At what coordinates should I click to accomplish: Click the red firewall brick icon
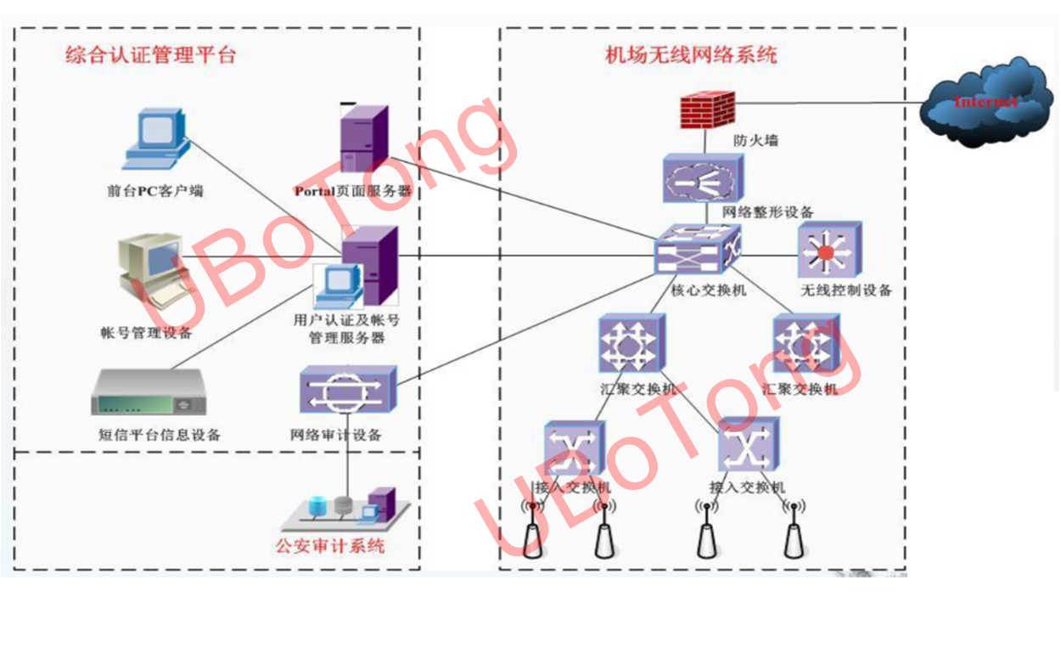tap(706, 110)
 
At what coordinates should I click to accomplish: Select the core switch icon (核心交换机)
tap(697, 250)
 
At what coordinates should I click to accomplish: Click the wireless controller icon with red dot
tap(829, 252)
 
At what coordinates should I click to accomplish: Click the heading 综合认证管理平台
tap(151, 56)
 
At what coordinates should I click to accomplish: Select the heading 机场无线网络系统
tap(691, 56)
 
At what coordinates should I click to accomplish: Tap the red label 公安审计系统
tap(329, 545)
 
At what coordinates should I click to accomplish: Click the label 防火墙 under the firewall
tap(755, 141)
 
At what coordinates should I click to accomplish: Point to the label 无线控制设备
tap(845, 290)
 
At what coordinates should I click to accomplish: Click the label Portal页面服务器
tap(353, 192)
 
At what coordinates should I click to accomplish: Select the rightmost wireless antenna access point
tap(794, 533)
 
